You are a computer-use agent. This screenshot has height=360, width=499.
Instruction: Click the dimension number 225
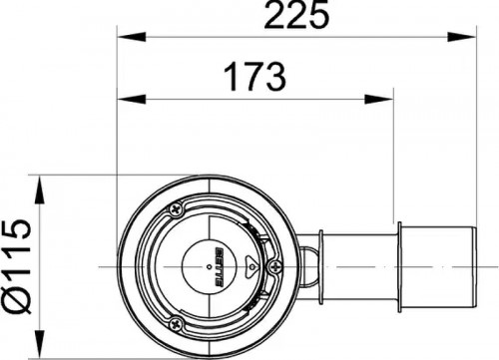(296, 15)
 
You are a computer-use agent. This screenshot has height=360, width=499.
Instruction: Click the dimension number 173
(254, 78)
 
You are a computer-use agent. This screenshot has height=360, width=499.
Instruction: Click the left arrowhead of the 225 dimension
(132, 37)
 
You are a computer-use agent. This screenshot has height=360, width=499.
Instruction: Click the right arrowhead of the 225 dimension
(462, 37)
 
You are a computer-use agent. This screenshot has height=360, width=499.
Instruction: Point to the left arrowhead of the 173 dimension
(132, 99)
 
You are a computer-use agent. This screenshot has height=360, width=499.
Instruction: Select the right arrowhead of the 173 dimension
(379, 99)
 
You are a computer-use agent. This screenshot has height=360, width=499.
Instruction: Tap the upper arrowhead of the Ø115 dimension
(40, 189)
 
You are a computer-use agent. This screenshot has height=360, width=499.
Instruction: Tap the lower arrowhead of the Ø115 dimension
(40, 344)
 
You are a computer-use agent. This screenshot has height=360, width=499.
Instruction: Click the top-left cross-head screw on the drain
(176, 209)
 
